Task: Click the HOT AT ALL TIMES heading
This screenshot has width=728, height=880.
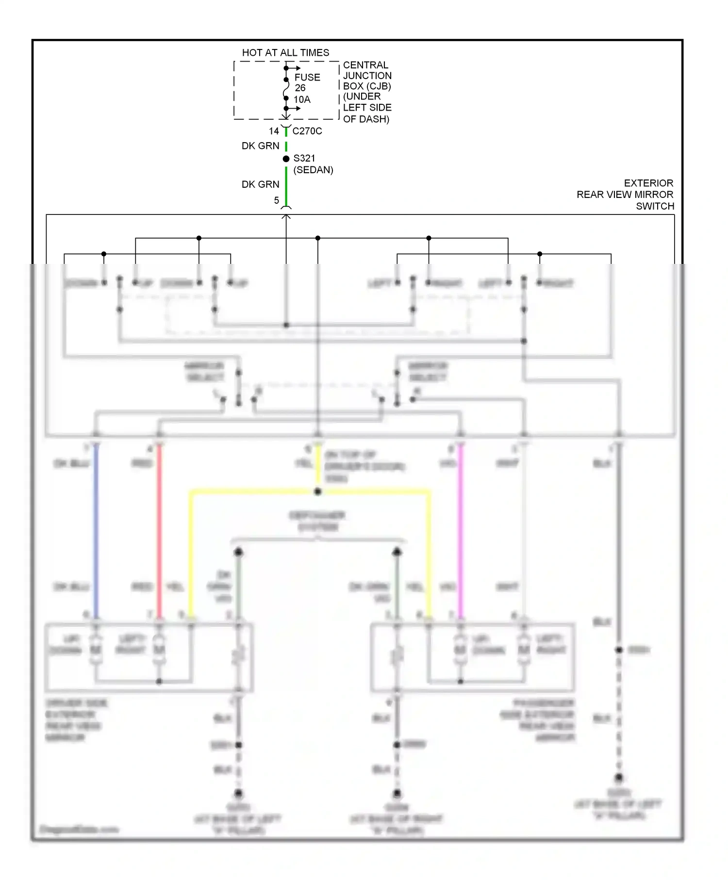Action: click(285, 52)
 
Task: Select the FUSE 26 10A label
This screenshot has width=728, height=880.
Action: click(307, 88)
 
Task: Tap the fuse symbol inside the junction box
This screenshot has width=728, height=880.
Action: click(286, 89)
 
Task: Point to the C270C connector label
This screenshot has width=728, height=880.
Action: click(307, 131)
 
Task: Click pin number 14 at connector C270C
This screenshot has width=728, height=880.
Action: click(274, 131)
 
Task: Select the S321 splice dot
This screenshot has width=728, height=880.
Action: click(286, 159)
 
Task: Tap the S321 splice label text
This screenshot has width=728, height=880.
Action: click(304, 158)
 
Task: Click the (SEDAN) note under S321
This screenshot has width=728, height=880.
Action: click(313, 170)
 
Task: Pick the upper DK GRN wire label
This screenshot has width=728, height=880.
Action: click(261, 146)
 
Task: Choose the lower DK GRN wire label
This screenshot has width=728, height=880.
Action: click(261, 184)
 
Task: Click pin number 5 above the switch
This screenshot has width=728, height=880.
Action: click(276, 200)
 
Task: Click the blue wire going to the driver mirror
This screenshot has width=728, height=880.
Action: click(96, 529)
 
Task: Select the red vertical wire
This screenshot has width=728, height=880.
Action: click(159, 529)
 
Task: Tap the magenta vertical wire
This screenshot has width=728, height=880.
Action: click(461, 529)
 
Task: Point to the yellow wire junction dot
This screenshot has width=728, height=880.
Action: click(318, 491)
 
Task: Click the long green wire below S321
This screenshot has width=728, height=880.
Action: click(286, 187)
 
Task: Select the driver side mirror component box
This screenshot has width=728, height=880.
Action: click(149, 657)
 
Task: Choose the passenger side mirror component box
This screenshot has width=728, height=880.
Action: click(472, 657)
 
